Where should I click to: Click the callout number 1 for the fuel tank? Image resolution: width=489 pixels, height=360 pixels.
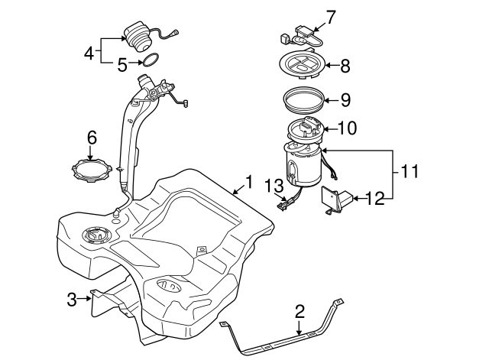coord(249,182)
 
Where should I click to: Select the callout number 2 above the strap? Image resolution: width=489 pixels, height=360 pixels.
coord(300,312)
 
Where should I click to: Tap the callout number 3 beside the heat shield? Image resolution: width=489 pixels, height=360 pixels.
coord(72,300)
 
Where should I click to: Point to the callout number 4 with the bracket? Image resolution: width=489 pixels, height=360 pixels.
coord(89,53)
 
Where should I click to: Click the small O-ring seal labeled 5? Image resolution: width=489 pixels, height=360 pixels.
coord(151,60)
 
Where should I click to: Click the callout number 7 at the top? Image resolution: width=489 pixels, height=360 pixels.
coord(331,18)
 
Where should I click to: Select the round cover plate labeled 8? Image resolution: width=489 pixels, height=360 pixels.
coord(303,64)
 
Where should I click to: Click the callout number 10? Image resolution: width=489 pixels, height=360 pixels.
coord(348,128)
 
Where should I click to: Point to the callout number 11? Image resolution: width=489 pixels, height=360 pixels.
coord(410,171)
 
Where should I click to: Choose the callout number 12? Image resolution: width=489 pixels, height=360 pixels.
coord(375,199)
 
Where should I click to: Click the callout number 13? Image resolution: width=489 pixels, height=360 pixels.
coord(274,186)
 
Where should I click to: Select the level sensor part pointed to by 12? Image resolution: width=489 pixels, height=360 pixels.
coord(336,200)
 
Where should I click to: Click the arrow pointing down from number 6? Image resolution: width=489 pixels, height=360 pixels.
coord(90,153)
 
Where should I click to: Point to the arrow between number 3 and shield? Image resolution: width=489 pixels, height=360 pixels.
coord(84,299)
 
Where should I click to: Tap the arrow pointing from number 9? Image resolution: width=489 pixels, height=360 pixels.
coord(332,100)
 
